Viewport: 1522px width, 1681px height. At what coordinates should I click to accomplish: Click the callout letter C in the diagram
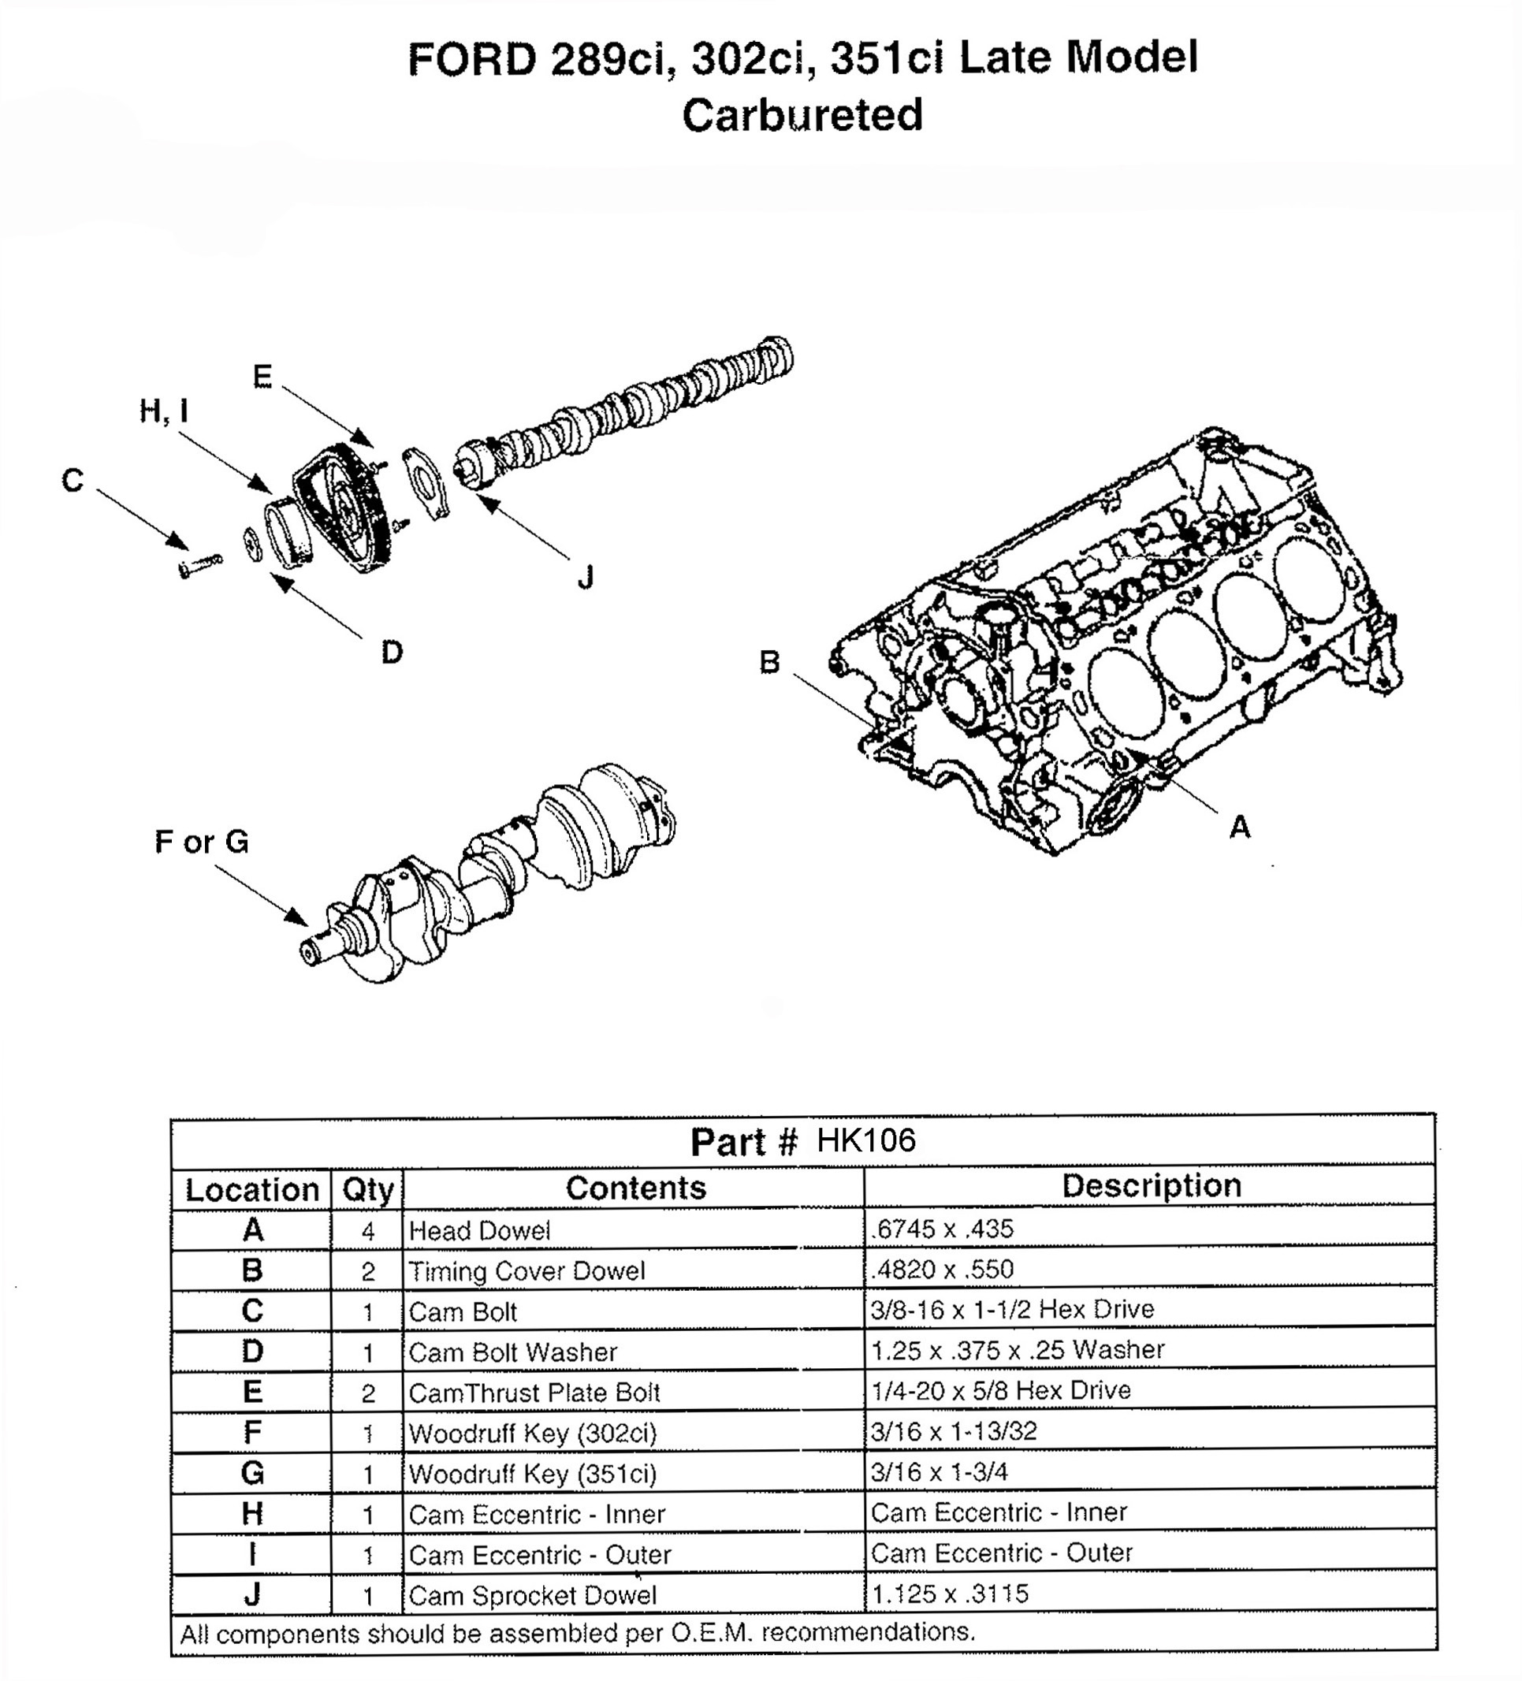pyautogui.click(x=73, y=480)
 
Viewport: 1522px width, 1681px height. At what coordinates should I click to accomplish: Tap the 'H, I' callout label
pyautogui.click(x=163, y=411)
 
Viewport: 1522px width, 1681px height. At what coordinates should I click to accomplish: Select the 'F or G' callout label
pyautogui.click(x=202, y=842)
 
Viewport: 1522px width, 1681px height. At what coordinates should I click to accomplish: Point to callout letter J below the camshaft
pyautogui.click(x=586, y=577)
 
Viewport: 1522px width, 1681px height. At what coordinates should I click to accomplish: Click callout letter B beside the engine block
pyautogui.click(x=770, y=662)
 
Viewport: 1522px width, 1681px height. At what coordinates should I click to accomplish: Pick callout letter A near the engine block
pyautogui.click(x=1240, y=827)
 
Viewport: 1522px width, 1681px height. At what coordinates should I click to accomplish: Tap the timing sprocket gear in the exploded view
pyautogui.click(x=342, y=508)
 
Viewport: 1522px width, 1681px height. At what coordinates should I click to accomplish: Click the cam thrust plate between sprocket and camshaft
pyautogui.click(x=426, y=484)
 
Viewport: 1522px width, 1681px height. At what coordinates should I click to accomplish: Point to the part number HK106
pyautogui.click(x=865, y=1140)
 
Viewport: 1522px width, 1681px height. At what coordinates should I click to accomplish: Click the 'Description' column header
pyautogui.click(x=1151, y=1186)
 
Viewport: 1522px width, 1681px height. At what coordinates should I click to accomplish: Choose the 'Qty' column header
pyautogui.click(x=367, y=1190)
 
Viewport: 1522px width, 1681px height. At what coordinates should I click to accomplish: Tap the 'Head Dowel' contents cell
pyautogui.click(x=479, y=1231)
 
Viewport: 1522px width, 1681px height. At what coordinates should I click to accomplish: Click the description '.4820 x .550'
pyautogui.click(x=942, y=1269)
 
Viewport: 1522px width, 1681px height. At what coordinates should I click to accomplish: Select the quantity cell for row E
pyautogui.click(x=368, y=1393)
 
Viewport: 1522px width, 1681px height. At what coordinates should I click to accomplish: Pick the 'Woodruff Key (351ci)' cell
pyautogui.click(x=533, y=1474)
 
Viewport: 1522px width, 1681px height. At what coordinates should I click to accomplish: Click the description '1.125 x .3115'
pyautogui.click(x=950, y=1594)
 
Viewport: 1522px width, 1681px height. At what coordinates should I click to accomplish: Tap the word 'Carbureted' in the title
pyautogui.click(x=802, y=115)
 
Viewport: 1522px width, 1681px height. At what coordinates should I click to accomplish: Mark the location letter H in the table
pyautogui.click(x=252, y=1513)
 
